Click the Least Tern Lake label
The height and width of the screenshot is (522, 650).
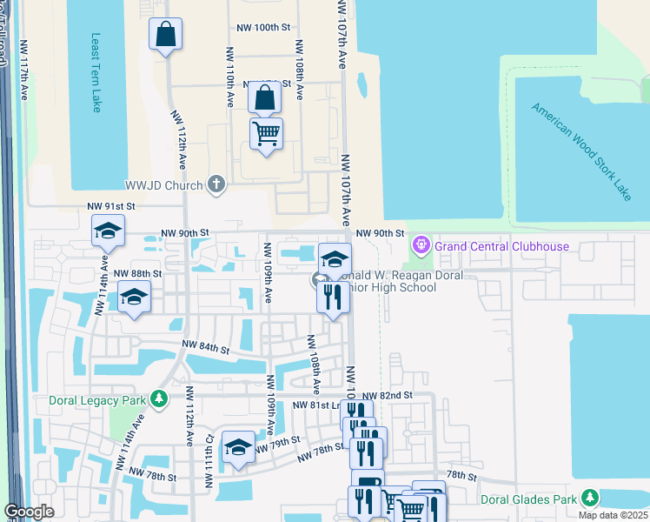[96, 73]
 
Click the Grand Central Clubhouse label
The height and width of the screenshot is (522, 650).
[501, 246]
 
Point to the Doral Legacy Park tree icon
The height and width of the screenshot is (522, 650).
[158, 398]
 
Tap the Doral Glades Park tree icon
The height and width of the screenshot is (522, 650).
[590, 498]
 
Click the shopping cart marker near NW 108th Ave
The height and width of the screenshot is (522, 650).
[265, 134]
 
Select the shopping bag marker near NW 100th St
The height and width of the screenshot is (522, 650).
[165, 35]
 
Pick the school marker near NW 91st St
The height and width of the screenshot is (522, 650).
[108, 231]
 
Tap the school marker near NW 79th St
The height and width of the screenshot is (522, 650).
[238, 447]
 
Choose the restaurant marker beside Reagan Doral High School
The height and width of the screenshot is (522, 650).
[334, 298]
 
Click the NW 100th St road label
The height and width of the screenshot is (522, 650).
[262, 28]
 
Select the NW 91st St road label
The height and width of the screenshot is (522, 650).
[111, 205]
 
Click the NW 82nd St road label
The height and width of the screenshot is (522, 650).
[386, 396]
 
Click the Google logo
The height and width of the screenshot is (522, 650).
[29, 512]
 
